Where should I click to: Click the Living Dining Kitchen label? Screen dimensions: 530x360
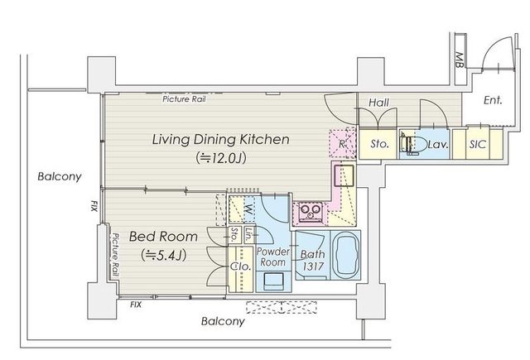click(221, 139)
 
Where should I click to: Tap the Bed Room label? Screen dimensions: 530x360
click(163, 237)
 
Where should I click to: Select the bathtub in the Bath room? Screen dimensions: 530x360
click(345, 255)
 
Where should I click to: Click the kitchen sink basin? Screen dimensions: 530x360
click(344, 175)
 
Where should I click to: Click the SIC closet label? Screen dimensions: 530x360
click(477, 145)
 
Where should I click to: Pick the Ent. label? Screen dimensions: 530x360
click(493, 100)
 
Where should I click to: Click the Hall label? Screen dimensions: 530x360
click(378, 103)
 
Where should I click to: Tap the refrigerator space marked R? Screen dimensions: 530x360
click(342, 143)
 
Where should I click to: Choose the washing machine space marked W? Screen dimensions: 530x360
click(248, 210)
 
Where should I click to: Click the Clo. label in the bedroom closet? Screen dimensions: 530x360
click(241, 266)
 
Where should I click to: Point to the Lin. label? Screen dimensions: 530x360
click(248, 235)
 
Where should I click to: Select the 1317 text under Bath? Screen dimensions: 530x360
click(313, 266)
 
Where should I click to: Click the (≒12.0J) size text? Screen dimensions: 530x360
click(221, 158)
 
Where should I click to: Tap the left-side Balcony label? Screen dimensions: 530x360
click(60, 176)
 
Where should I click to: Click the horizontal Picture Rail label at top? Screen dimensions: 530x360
click(184, 99)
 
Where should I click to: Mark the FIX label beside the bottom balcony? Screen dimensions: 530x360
click(136, 305)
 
